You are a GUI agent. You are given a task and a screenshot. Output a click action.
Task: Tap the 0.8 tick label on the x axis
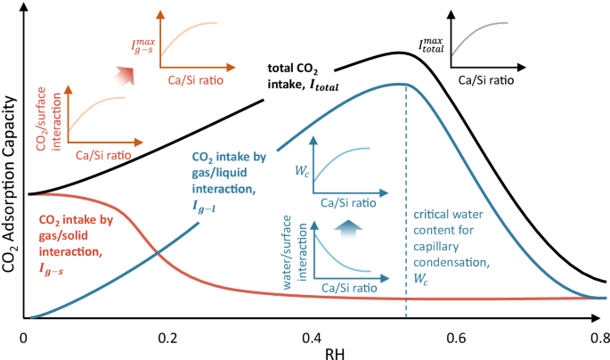[x=600, y=340]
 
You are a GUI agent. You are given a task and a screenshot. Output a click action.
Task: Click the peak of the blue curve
[x=403, y=84]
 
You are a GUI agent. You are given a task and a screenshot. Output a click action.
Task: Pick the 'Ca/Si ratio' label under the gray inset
[x=485, y=79]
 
